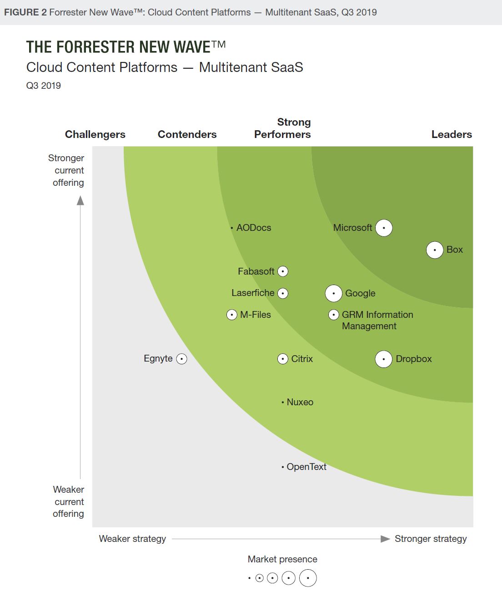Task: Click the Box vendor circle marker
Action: click(435, 250)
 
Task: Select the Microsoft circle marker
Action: click(384, 228)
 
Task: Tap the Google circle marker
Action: click(334, 293)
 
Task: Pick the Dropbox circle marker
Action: click(384, 359)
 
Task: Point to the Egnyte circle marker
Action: click(181, 359)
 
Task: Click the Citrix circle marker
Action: click(283, 359)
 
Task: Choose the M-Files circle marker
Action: click(232, 315)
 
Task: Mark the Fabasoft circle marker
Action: click(283, 271)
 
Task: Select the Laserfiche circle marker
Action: click(283, 293)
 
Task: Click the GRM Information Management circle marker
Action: click(334, 315)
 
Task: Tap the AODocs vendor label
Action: click(254, 228)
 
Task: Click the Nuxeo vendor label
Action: click(300, 402)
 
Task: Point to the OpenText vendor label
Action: click(306, 467)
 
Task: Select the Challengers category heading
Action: click(95, 134)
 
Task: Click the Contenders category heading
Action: click(187, 134)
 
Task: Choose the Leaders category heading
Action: click(452, 134)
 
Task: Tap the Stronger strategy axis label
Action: click(431, 539)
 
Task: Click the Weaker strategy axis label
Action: click(132, 539)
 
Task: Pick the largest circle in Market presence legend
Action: click(308, 578)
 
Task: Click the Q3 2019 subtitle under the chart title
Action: click(44, 86)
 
